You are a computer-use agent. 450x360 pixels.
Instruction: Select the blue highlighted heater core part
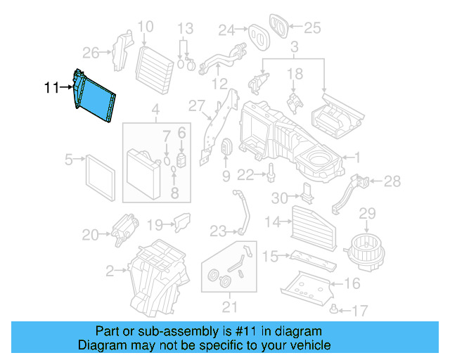click(x=94, y=99)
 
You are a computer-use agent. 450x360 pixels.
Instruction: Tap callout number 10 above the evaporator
click(x=146, y=28)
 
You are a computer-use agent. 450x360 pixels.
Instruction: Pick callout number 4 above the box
click(x=156, y=110)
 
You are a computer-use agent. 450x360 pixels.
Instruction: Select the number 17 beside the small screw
click(x=360, y=309)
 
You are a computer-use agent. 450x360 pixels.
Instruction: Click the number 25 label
click(x=311, y=28)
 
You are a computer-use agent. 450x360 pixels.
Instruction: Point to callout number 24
click(x=226, y=30)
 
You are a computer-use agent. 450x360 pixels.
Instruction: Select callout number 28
click(x=392, y=181)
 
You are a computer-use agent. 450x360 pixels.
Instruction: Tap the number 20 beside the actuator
click(x=91, y=234)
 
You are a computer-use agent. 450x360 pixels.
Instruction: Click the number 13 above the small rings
click(x=184, y=29)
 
